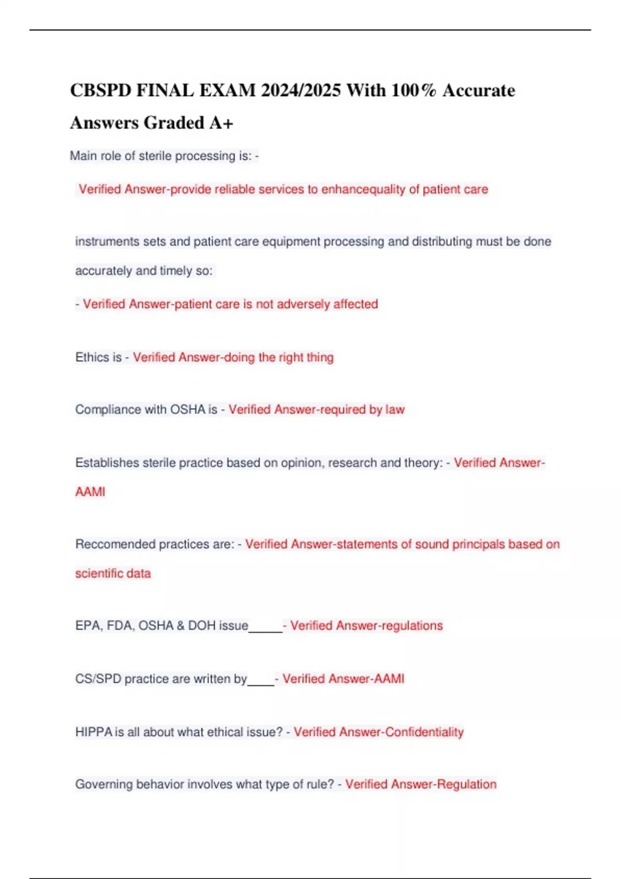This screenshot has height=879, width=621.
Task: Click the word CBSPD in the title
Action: point(100,90)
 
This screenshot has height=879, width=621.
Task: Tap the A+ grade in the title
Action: point(221,123)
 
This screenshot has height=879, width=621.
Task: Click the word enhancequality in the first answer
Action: point(363,189)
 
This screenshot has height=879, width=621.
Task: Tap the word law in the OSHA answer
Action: point(395,410)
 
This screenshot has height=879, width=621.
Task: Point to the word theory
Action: point(423,463)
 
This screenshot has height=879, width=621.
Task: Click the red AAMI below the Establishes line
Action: point(90,492)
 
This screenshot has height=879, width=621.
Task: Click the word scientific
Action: point(98,573)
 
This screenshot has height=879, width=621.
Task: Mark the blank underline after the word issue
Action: point(265,629)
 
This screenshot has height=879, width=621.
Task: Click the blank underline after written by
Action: point(261,682)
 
